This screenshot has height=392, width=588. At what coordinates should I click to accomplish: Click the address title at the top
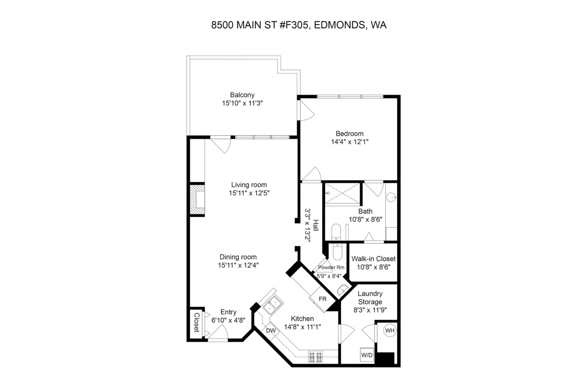pyautogui.click(x=299, y=25)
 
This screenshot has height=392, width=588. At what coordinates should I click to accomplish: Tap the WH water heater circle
pyautogui.click(x=390, y=330)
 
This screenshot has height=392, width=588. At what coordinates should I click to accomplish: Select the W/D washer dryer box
pyautogui.click(x=367, y=355)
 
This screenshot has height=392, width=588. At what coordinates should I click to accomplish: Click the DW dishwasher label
pyautogui.click(x=271, y=331)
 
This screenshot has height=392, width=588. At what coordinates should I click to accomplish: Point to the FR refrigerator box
pyautogui.click(x=322, y=299)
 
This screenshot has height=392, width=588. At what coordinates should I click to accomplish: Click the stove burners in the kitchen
pyautogui.click(x=316, y=357)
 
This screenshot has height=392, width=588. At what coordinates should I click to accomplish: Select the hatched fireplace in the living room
pyautogui.click(x=197, y=199)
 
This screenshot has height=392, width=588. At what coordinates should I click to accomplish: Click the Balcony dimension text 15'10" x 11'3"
pyautogui.click(x=242, y=103)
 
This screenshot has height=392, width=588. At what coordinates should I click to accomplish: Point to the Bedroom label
pyautogui.click(x=349, y=133)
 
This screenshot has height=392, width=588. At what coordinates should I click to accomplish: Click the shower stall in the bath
pyautogui.click(x=342, y=194)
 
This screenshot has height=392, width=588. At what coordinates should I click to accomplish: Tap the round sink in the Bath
pyautogui.click(x=391, y=197)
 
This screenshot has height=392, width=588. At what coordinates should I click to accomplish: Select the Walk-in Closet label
pyautogui.click(x=373, y=259)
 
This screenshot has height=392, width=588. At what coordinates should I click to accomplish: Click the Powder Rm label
pyautogui.click(x=331, y=267)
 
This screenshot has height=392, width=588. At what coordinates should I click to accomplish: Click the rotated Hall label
pyautogui.click(x=316, y=225)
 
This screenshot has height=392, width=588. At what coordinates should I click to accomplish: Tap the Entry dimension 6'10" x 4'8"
pyautogui.click(x=228, y=320)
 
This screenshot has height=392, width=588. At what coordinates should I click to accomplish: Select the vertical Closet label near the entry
pyautogui.click(x=197, y=322)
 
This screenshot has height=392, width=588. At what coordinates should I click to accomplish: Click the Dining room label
pyautogui.click(x=238, y=257)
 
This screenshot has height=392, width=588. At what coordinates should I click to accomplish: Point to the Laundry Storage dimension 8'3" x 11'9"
pyautogui.click(x=370, y=310)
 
